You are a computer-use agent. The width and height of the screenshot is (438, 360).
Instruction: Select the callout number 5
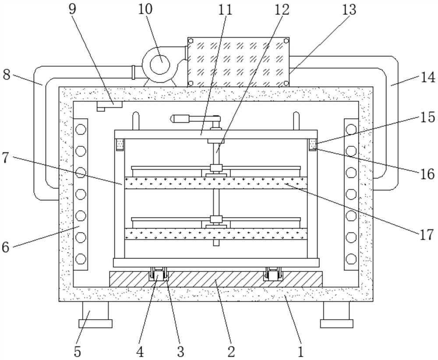click(x=78, y=352)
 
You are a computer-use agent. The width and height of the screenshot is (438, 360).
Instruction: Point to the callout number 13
click(x=349, y=9)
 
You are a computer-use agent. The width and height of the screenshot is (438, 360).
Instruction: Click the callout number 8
click(x=7, y=75)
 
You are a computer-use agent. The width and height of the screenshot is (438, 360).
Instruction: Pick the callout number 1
click(x=300, y=352)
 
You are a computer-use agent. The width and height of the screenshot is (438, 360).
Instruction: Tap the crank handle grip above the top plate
click(x=179, y=119)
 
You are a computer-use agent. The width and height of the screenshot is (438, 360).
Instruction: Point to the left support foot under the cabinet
click(x=95, y=314)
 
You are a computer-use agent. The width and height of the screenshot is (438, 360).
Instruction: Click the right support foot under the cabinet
click(x=336, y=314)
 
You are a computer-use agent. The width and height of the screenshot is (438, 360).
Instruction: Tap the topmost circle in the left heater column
click(x=81, y=129)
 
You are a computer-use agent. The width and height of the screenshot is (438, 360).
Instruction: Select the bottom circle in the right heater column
click(x=351, y=259)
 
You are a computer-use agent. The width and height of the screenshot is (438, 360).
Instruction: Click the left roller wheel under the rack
click(x=159, y=274)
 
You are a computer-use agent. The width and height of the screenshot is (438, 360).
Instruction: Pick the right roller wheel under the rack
click(x=272, y=274)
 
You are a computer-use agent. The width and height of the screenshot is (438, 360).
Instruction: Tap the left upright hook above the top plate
click(x=136, y=120)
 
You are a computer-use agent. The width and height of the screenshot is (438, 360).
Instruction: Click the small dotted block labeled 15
click(x=313, y=144)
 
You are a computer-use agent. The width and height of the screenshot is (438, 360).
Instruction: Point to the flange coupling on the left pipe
click(x=133, y=72)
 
